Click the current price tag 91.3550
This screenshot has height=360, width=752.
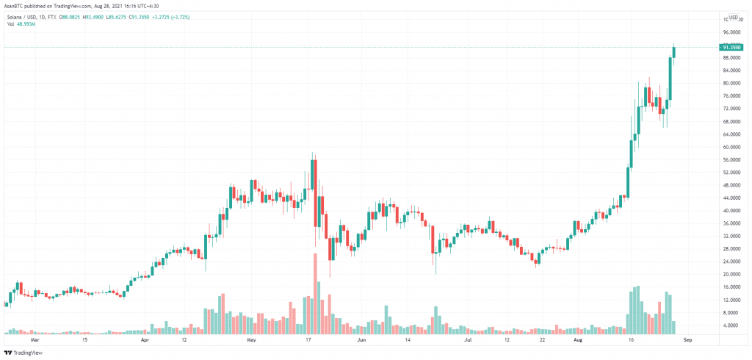730,47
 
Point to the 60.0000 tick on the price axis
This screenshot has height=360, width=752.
730,147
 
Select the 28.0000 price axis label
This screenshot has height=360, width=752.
730,248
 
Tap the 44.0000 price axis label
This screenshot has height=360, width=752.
730,198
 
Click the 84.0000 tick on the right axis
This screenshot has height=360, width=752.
730,71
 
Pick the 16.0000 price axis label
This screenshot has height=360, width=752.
730,287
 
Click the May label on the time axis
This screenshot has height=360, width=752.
251,341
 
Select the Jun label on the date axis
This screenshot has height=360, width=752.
361,341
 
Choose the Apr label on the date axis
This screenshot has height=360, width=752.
145,341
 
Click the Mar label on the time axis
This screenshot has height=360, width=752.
33,341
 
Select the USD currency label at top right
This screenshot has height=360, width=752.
733,18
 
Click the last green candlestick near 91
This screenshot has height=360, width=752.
674,51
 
